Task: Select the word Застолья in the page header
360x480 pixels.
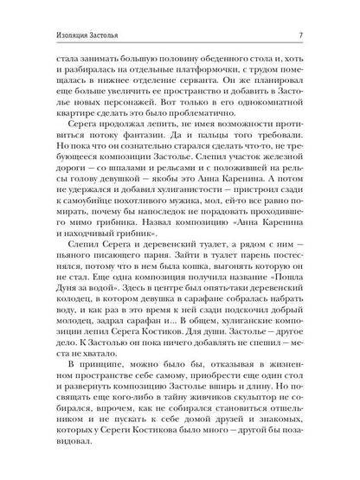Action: point(86,35)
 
